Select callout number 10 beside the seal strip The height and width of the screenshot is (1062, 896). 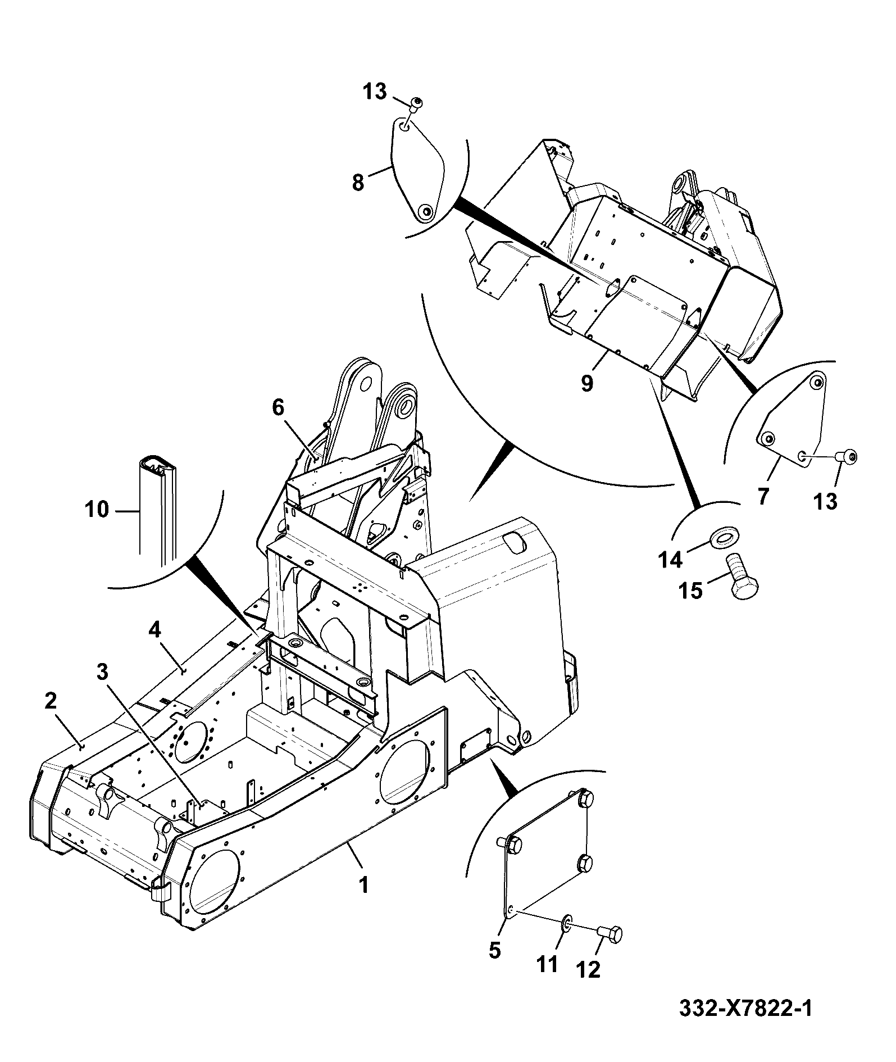97,510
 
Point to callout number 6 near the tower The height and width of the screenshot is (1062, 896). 279,408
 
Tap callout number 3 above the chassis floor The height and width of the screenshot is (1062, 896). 102,672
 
